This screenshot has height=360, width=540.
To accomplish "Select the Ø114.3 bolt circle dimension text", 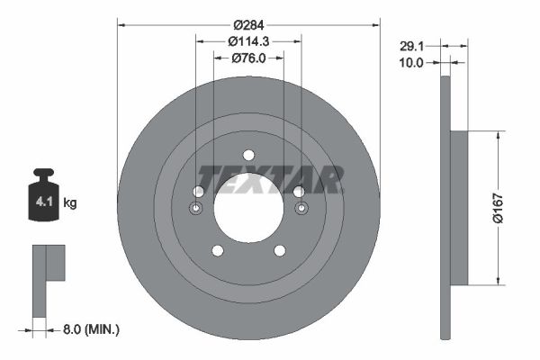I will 248,41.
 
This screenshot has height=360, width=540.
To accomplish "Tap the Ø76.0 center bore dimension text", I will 248,59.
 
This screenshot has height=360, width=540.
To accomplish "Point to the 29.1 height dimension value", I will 412,44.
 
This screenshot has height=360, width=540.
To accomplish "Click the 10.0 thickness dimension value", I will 412,62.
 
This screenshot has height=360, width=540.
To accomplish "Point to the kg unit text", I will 70,203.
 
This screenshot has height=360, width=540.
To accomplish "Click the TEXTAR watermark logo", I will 270,180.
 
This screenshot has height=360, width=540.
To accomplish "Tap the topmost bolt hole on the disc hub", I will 248,155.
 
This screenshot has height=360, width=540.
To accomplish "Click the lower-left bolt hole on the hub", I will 217,250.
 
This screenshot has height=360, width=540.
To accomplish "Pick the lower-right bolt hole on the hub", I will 280,250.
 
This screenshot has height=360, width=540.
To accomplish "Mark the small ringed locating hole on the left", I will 197,209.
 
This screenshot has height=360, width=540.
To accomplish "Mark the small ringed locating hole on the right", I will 301,209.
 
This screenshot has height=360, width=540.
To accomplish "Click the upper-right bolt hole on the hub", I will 299,191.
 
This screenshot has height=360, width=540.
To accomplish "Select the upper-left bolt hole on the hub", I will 198,191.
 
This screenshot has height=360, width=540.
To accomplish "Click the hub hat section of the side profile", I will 459,208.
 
